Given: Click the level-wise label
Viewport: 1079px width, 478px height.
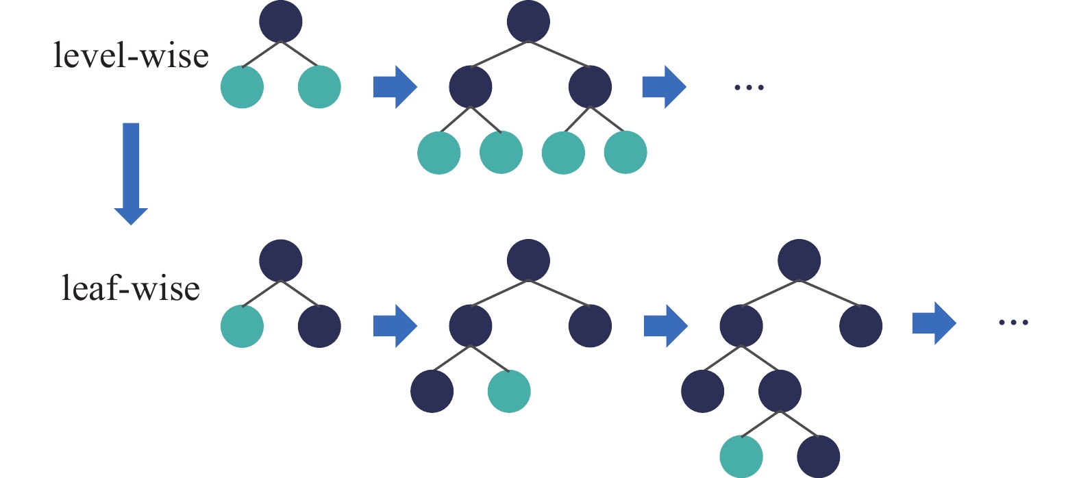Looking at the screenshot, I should (x=131, y=55).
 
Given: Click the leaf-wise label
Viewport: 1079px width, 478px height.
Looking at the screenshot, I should (x=131, y=288).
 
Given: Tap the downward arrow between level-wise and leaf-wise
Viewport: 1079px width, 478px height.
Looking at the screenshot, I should (x=131, y=173).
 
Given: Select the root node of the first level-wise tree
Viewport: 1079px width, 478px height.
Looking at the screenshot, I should (x=281, y=22).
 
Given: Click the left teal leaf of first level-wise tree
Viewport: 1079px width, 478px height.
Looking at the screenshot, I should (x=242, y=87).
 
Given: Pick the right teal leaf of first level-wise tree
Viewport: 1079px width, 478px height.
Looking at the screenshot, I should (x=319, y=87).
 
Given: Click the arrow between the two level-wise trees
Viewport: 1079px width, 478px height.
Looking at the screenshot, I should (x=395, y=87).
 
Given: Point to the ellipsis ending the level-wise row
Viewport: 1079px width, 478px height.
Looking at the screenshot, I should (x=749, y=88).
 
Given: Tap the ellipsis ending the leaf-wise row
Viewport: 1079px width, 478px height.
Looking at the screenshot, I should (x=1014, y=322).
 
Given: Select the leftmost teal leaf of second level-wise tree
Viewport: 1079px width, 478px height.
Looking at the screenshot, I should (x=439, y=153).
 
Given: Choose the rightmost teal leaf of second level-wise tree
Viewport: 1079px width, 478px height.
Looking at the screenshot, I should (x=625, y=153).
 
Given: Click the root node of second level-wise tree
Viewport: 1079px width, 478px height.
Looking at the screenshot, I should (x=528, y=22).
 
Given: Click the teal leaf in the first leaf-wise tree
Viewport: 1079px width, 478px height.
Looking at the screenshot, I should (x=242, y=326).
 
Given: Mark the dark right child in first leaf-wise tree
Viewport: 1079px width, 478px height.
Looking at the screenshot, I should (x=319, y=326).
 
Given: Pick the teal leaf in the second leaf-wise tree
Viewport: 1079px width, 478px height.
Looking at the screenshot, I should (x=509, y=391).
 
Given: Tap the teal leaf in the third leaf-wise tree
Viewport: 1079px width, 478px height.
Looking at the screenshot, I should (x=741, y=456).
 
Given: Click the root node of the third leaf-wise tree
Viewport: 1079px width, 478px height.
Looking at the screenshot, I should (x=799, y=260).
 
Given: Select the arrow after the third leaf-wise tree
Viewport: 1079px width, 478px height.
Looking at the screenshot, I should (x=934, y=323).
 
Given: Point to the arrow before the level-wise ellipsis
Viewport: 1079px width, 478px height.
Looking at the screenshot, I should (x=664, y=87).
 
